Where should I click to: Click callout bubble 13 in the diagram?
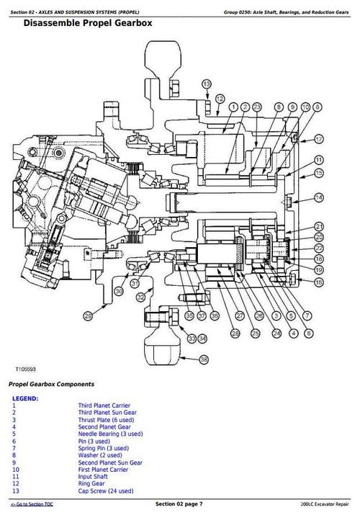click(207, 85)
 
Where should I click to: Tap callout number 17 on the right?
click(319, 138)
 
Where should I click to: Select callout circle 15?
click(319, 173)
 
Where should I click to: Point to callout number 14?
click(319, 197)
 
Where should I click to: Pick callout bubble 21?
click(319, 226)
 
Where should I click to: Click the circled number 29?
click(88, 315)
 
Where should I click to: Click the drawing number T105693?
click(27, 368)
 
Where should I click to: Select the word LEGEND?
click(25, 398)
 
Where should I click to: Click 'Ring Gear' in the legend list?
click(91, 483)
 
